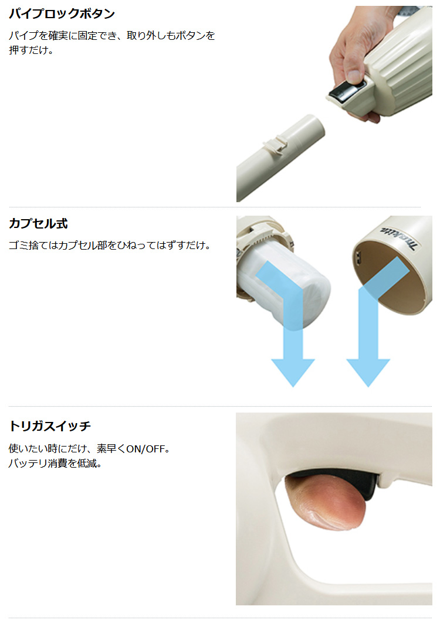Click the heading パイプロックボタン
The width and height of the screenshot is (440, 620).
(62, 14)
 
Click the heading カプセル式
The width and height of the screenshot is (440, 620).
(38, 223)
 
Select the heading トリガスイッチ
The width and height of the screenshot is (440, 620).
(50, 426)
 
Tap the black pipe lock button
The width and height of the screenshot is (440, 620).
(345, 92)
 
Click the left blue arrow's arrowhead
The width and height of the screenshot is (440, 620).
(293, 372)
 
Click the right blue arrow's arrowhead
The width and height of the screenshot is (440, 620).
(368, 372)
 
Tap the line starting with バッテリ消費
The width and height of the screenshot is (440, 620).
(55, 463)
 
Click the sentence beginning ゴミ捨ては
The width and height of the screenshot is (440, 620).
(110, 245)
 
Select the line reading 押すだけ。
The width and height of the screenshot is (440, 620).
(31, 50)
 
